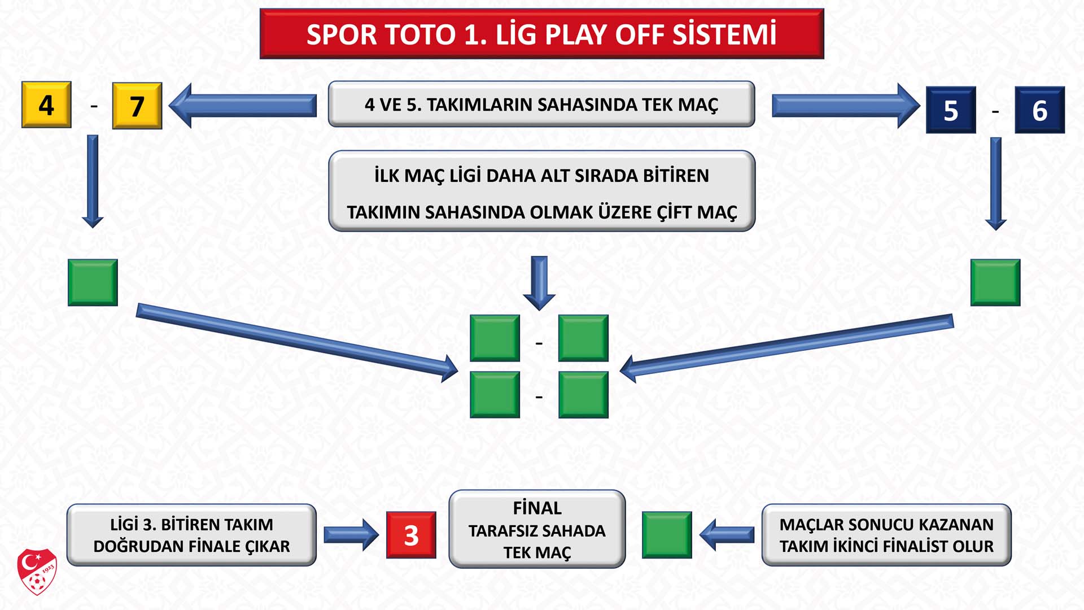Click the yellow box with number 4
pos(46,105)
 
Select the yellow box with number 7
pos(137,106)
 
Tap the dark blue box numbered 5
pos(951,110)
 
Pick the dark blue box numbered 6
pos(1039,110)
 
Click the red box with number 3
pos(411,535)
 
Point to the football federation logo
pos(37,572)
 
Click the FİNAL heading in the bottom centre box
pos(537,508)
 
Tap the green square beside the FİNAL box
pos(667,535)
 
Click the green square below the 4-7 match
pos(93,282)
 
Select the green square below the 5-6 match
pos(995,282)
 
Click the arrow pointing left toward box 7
pos(243,106)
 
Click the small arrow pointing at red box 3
pos(351,535)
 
